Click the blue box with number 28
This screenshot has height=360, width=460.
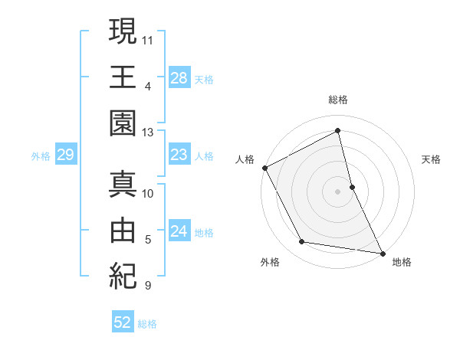tap(179, 77)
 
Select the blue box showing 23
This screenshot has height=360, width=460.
tap(179, 155)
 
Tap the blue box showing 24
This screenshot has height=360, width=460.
tap(179, 232)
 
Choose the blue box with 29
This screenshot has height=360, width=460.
tap(65, 155)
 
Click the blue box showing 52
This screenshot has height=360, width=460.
tap(123, 323)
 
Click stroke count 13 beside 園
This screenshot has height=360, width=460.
tap(148, 132)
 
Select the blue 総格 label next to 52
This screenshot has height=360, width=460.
tap(147, 324)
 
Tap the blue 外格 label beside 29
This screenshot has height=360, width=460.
tap(41, 156)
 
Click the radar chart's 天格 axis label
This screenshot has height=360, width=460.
tap(431, 159)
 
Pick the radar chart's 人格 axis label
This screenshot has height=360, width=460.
tap(245, 159)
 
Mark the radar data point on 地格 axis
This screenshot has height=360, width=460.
tap(381, 252)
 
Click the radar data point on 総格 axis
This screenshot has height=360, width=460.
tap(337, 131)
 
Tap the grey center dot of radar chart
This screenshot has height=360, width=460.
tap(337, 191)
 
